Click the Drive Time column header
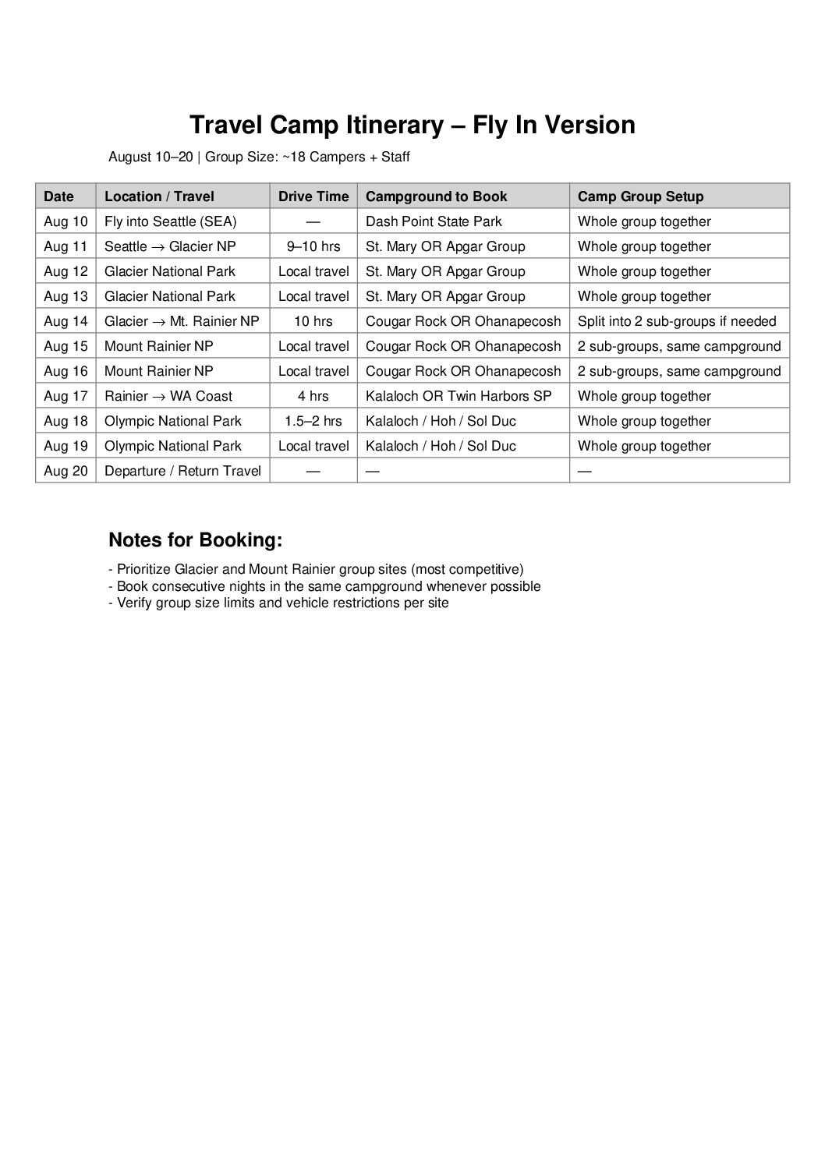313,196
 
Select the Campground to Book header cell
436,196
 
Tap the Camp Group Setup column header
640,196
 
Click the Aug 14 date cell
66,321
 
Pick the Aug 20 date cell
66,471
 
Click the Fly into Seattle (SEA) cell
170,221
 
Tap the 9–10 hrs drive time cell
313,246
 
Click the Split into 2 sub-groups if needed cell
677,321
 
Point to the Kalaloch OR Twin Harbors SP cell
459,396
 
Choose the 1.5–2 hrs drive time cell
313,421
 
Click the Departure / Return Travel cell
182,471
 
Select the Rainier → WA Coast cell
168,396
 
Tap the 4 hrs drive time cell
313,396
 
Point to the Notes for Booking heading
195,540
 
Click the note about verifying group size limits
278,603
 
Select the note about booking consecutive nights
324,586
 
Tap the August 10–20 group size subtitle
259,157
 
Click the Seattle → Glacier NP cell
170,246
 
